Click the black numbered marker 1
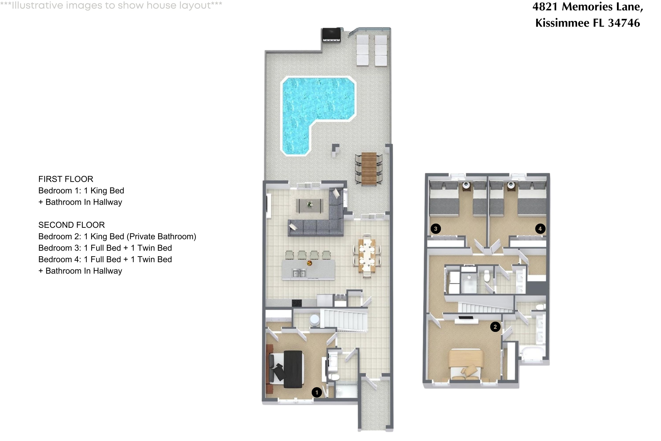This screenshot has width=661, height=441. click(317, 392)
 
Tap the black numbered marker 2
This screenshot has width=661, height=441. click(495, 327)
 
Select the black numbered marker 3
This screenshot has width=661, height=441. click(436, 229)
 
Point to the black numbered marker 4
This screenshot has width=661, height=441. click(540, 229)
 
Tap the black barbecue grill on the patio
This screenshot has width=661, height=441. click(331, 35)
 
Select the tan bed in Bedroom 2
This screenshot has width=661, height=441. click(466, 363)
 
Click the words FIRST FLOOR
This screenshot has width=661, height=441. click(66, 179)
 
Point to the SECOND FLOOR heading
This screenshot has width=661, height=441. click(72, 225)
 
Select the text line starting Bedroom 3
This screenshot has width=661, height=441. click(105, 248)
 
